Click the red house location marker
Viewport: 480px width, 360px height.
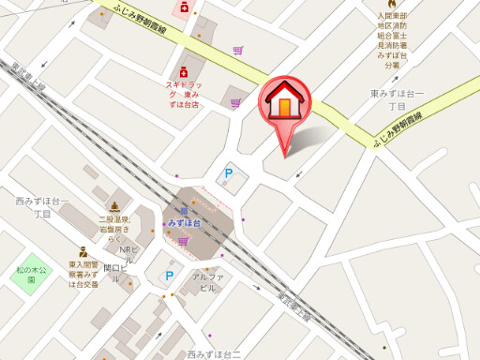[x=283, y=105]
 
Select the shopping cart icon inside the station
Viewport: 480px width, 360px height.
[x=183, y=242]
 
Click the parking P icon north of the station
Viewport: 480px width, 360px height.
[x=228, y=173]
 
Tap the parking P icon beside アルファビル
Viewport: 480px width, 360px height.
[x=170, y=276]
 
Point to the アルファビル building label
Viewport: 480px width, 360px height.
[x=204, y=282]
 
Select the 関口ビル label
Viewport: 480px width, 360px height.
[x=118, y=267]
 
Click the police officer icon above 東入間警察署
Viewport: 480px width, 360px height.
[x=82, y=251]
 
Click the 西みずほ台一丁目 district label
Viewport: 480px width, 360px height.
[x=43, y=207]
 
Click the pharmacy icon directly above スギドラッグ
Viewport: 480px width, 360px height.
[x=183, y=72]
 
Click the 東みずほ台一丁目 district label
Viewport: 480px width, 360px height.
[x=397, y=99]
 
